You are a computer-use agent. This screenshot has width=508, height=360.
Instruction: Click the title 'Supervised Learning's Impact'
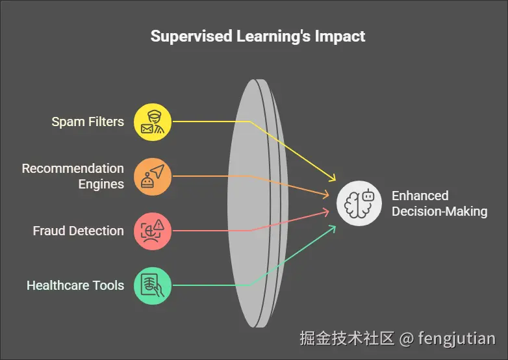pos(258,36)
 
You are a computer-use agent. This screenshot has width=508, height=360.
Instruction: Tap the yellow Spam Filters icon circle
pos(153,122)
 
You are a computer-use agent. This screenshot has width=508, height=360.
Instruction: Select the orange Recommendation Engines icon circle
pos(153,176)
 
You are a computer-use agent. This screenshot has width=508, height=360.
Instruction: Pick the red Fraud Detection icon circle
pos(153,231)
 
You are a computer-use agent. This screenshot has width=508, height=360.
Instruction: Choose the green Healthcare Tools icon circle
pos(153,285)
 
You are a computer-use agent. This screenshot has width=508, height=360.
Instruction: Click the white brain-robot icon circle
pos(359,203)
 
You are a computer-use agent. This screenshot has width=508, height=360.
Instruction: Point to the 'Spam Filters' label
pos(88,122)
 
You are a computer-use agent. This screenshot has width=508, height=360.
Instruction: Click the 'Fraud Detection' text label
pos(78,231)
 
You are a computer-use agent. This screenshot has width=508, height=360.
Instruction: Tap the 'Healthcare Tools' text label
pos(75,285)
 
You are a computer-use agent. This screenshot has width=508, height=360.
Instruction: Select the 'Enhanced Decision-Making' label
pos(439,203)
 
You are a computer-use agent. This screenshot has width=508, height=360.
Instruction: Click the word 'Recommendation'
pos(73,168)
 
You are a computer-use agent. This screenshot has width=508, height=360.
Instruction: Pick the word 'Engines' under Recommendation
pos(101,184)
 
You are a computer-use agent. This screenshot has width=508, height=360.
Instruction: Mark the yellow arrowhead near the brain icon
pos(333,178)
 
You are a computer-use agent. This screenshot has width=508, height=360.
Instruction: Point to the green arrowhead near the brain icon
pos(333,228)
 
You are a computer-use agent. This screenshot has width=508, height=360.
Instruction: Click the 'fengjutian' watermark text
pos(457,338)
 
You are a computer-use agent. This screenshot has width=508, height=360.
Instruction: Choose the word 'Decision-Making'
pos(439,211)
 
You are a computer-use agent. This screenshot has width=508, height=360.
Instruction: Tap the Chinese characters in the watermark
pos(347,338)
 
